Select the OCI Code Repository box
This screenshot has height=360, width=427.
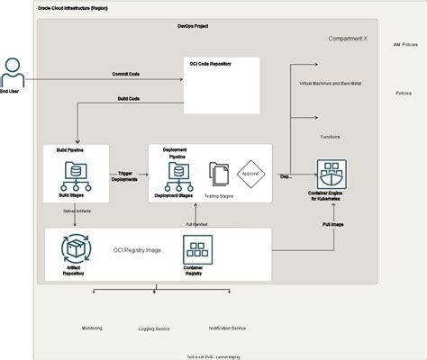click(222, 80)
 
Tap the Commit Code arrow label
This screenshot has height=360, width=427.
click(124, 74)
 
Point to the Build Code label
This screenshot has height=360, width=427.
click(129, 98)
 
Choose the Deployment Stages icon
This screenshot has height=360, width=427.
click(172, 172)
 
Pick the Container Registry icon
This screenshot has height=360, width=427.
click(197, 247)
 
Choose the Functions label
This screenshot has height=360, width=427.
click(330, 137)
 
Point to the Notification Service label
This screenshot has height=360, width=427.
click(226, 328)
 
